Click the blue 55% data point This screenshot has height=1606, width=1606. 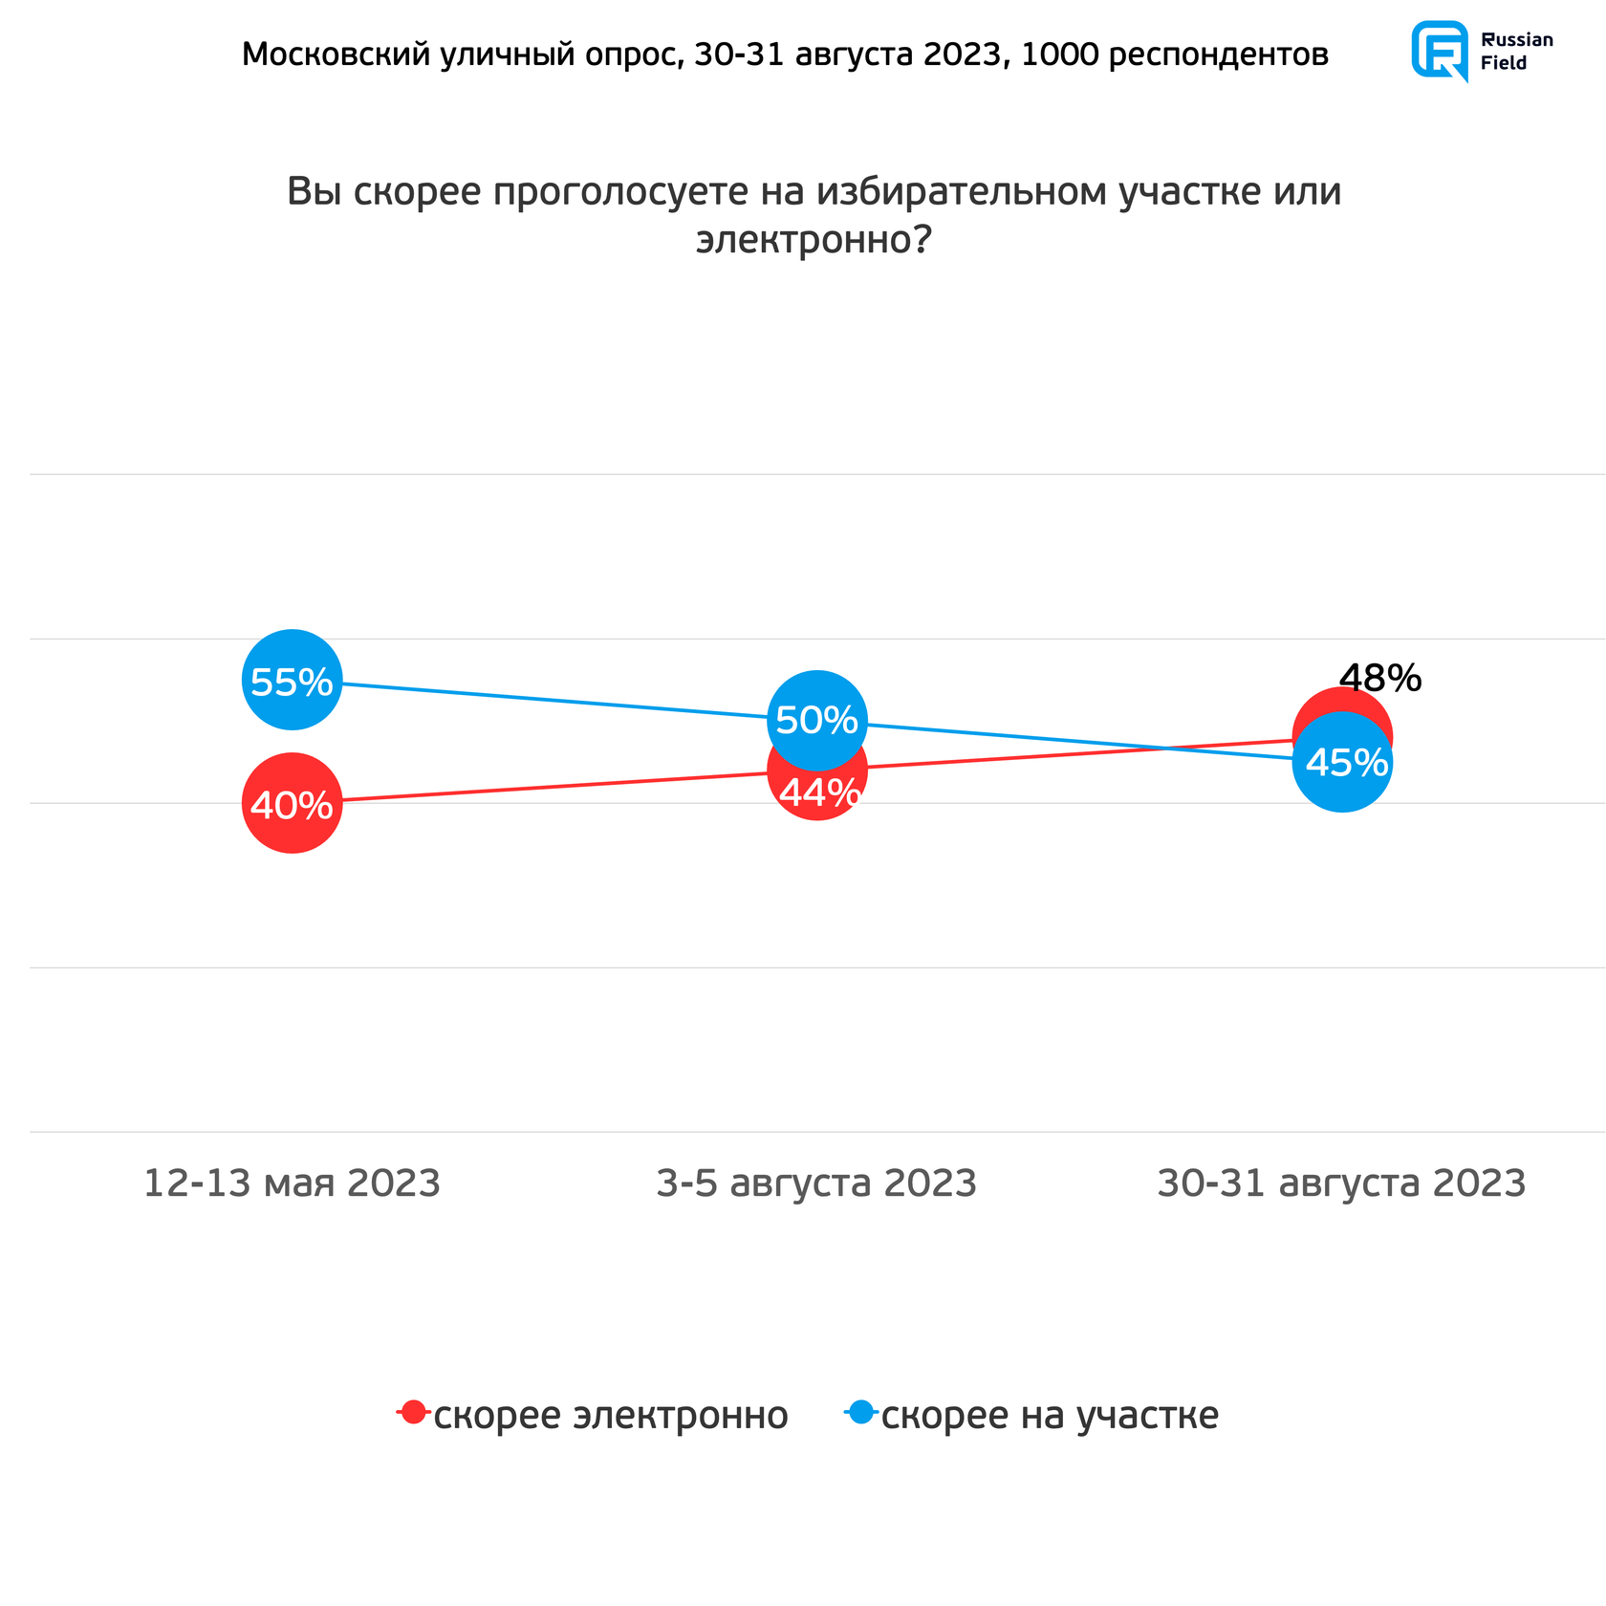click(292, 680)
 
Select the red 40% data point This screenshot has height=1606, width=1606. click(292, 803)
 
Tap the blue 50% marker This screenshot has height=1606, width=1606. click(816, 720)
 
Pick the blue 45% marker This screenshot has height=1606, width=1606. click(1342, 762)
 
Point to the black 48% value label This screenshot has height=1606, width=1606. click(1379, 679)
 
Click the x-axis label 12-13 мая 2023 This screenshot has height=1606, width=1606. click(292, 1183)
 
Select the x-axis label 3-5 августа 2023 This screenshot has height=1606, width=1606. click(816, 1183)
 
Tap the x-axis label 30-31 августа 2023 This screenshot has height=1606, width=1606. click(1341, 1183)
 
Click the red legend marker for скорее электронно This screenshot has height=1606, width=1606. click(413, 1412)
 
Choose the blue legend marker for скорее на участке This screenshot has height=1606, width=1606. click(860, 1412)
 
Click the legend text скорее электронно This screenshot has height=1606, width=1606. click(611, 1415)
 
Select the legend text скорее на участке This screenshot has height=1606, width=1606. click(1050, 1415)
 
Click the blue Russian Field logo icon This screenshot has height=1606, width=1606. click(1440, 51)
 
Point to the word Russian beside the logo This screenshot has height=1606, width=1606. click(1516, 40)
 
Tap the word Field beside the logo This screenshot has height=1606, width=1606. click(1504, 63)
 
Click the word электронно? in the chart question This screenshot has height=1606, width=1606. click(814, 240)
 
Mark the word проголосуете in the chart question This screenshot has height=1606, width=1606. click(621, 192)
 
